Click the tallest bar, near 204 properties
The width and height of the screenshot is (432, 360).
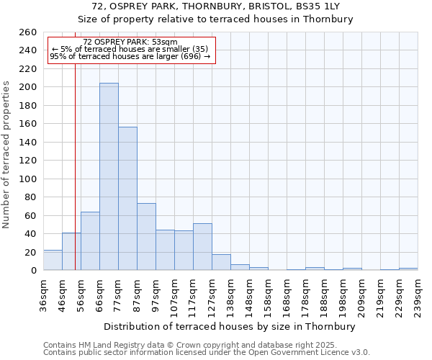pyautogui.click(x=109, y=176)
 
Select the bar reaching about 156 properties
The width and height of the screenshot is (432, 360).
pyautogui.click(x=127, y=198)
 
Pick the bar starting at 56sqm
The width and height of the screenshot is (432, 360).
pyautogui.click(x=90, y=241)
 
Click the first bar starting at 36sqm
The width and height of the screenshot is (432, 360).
pyautogui.click(x=53, y=261)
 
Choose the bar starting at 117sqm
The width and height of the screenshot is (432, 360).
pyautogui.click(x=202, y=247)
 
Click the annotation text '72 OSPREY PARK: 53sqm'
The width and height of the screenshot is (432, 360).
pyautogui.click(x=130, y=42)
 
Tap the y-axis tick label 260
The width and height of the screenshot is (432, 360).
pyautogui.click(x=28, y=32)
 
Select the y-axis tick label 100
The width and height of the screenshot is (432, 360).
pyautogui.click(x=28, y=179)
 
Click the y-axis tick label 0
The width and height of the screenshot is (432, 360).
pyautogui.click(x=33, y=271)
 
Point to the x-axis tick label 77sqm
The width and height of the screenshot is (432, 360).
pyautogui.click(x=118, y=295)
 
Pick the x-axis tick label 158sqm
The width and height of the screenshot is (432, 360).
pyautogui.click(x=268, y=295)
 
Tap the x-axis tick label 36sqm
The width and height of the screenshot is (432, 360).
pyautogui.click(x=43, y=295)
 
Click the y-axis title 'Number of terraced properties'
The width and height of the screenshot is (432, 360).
pyautogui.click(x=6, y=155)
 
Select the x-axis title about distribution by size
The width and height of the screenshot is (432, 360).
pyautogui.click(x=230, y=327)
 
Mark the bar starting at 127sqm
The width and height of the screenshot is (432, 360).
pyautogui.click(x=221, y=263)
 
